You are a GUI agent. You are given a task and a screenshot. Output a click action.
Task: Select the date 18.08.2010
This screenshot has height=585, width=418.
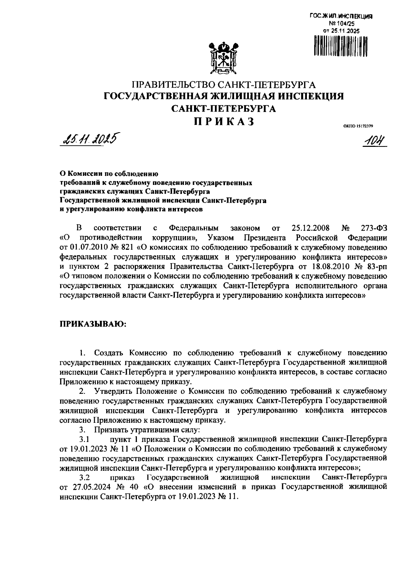point(323,267)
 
